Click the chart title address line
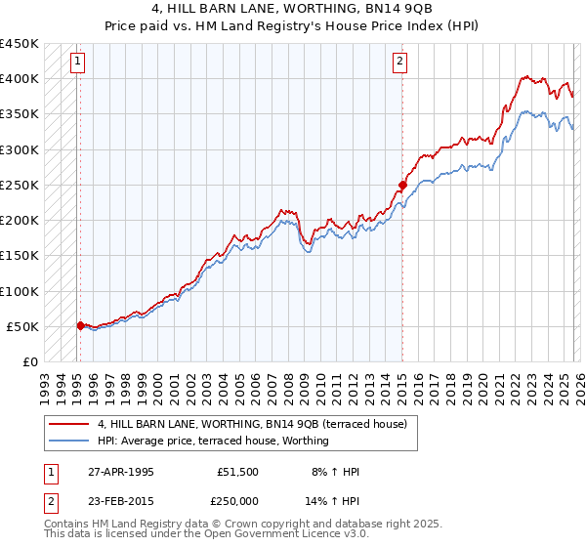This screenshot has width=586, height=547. pos(292,9)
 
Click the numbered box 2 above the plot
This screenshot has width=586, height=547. pos(400,62)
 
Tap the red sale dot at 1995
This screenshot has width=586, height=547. pos(80,325)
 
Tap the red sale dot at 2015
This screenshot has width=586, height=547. pos(401,185)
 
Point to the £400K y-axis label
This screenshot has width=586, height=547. pos(20,79)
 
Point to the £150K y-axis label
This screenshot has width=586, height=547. pos(20,256)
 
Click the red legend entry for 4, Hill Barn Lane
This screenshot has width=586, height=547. pos(258,424)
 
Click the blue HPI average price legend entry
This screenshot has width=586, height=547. pos(213,441)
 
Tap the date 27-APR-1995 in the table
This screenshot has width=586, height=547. pos(119,472)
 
